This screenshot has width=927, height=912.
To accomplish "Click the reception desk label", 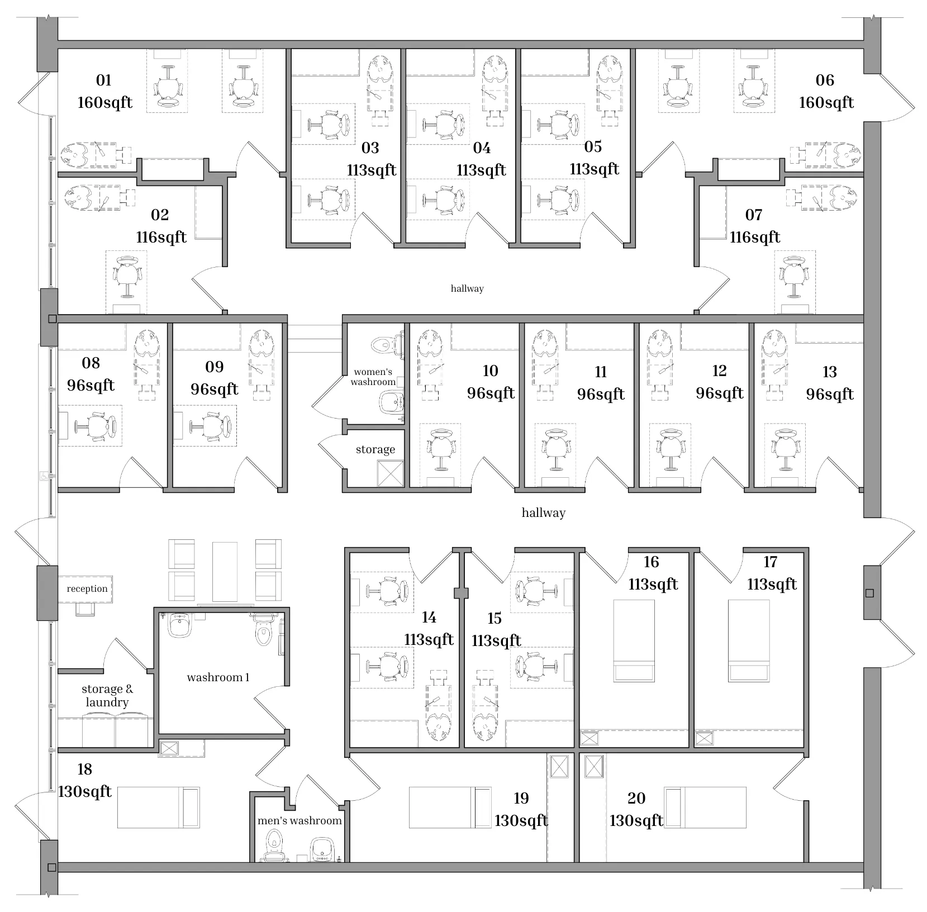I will pos(87,588).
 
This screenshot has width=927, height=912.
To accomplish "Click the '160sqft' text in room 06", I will pos(825,102).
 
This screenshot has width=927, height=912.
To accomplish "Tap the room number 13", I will pos(829,372).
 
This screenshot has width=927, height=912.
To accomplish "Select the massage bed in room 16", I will pos(634,640).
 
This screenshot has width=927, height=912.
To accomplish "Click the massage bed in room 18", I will pos(158,807).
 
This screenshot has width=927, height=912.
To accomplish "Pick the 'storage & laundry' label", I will pos(107,695).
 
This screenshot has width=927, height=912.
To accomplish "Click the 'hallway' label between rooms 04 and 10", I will pos(467,288).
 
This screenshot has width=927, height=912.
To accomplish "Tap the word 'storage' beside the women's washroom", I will pos(375,449).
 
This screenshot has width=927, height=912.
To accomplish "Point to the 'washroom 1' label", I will pos(218,677).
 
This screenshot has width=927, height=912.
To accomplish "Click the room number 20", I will pos(636,798).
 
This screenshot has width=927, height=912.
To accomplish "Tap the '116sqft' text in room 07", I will pos(754,237).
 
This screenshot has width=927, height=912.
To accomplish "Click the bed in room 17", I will pos(748,640).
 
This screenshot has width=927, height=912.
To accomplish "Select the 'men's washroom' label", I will pos(300,820).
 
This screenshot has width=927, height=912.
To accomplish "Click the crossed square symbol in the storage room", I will pos(389,473).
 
